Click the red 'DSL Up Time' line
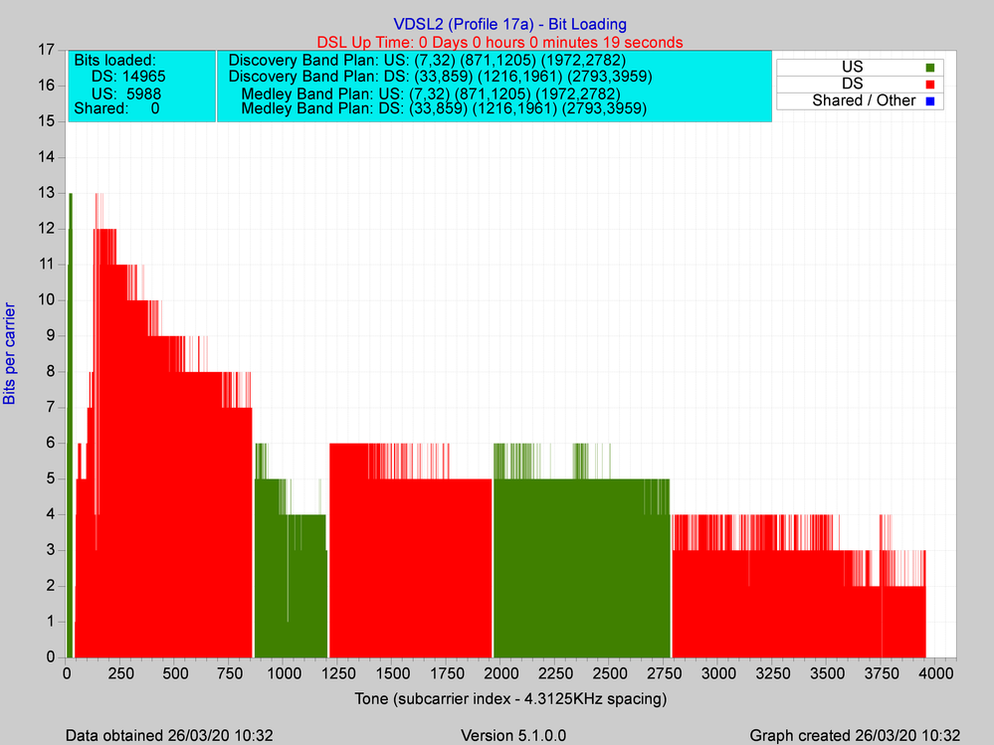[499, 42]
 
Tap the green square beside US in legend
[931, 67]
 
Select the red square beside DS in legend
[931, 84]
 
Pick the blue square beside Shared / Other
[931, 100]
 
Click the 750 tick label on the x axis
[228, 673]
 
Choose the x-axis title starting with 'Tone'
[509, 699]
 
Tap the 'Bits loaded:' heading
[114, 61]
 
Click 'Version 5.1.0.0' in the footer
[514, 735]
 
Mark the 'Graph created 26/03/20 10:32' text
[855, 735]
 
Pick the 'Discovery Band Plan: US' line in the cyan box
[427, 61]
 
